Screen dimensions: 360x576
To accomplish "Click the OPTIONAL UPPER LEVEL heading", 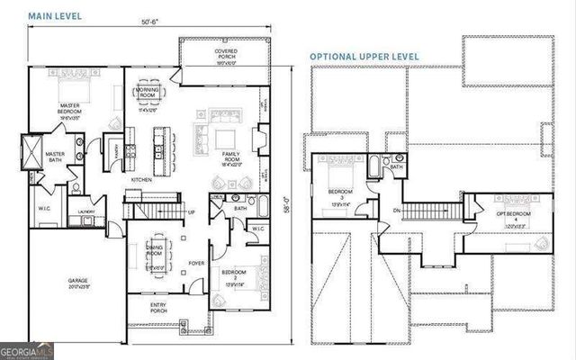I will pyautogui.click(x=364, y=56).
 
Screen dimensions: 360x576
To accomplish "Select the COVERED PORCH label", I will pyautogui.click(x=225, y=58).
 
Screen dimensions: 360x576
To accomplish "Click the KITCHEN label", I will pyautogui.click(x=142, y=179).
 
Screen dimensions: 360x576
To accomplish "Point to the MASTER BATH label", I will pyautogui.click(x=55, y=155).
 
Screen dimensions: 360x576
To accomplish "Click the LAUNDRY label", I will pyautogui.click(x=87, y=212).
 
